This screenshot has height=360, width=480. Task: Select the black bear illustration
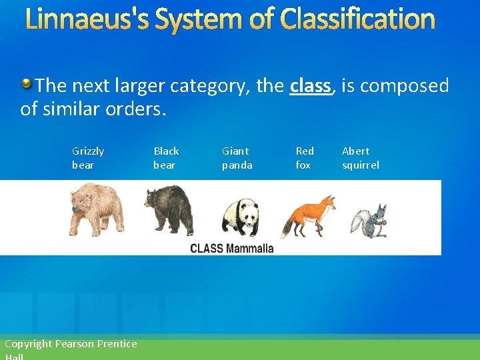pos(169,209)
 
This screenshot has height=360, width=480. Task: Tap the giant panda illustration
pos(240,216)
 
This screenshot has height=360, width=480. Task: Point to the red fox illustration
pos(308,215)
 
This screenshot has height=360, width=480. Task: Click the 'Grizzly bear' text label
pos(87,158)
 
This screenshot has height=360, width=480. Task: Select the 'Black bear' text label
pos(166,158)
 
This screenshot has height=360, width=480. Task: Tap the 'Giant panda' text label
pos(237,158)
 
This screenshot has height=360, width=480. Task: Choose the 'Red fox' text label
pos(305,158)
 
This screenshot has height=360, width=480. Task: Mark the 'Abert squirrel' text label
pos(360,158)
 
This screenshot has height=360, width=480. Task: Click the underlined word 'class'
pos(310,86)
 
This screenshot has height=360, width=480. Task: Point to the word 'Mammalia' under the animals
pos(249,249)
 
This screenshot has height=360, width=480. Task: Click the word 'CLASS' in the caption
pos(207,249)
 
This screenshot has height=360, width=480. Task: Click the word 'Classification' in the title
pos(357,20)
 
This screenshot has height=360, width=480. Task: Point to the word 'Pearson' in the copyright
pos(75,344)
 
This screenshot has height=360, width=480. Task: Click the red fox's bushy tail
pos(289,226)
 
